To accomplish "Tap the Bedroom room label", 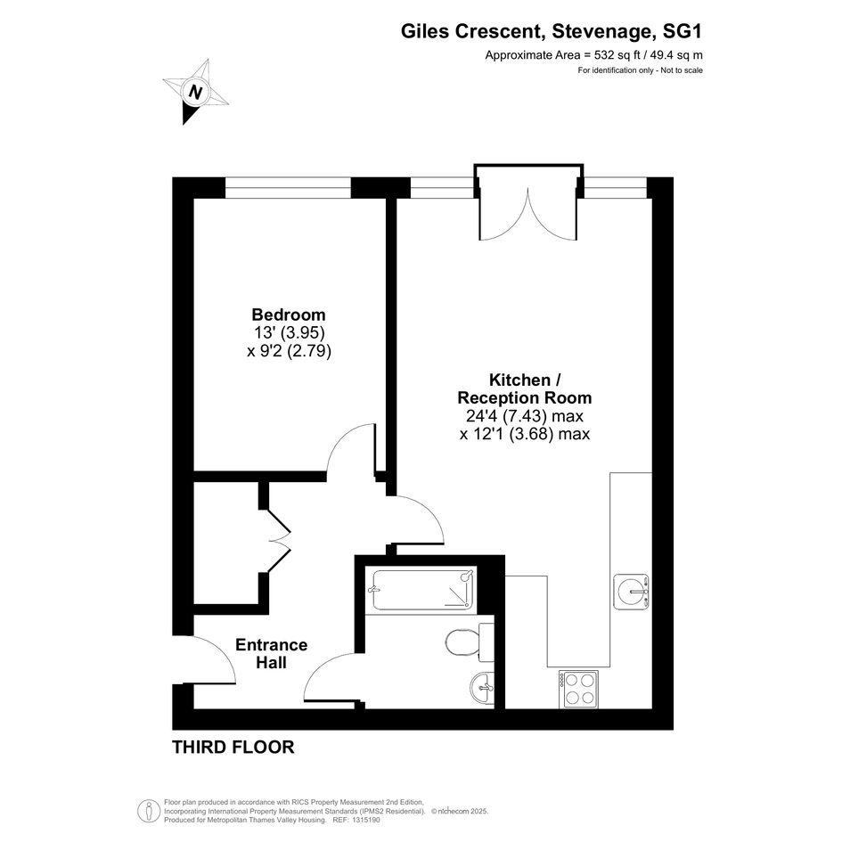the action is (289, 315).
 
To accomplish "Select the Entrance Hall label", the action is (271, 653).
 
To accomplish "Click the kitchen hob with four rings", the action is (578, 689).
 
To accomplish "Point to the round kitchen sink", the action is (632, 592).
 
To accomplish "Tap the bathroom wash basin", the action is (482, 688).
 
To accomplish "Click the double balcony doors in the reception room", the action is (528, 214).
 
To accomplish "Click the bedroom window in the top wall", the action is (288, 187).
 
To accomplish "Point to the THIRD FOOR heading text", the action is (233, 747).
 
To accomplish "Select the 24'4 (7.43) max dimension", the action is (525, 415).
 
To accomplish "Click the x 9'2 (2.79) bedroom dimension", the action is (289, 351).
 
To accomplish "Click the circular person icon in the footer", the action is (145, 811).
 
